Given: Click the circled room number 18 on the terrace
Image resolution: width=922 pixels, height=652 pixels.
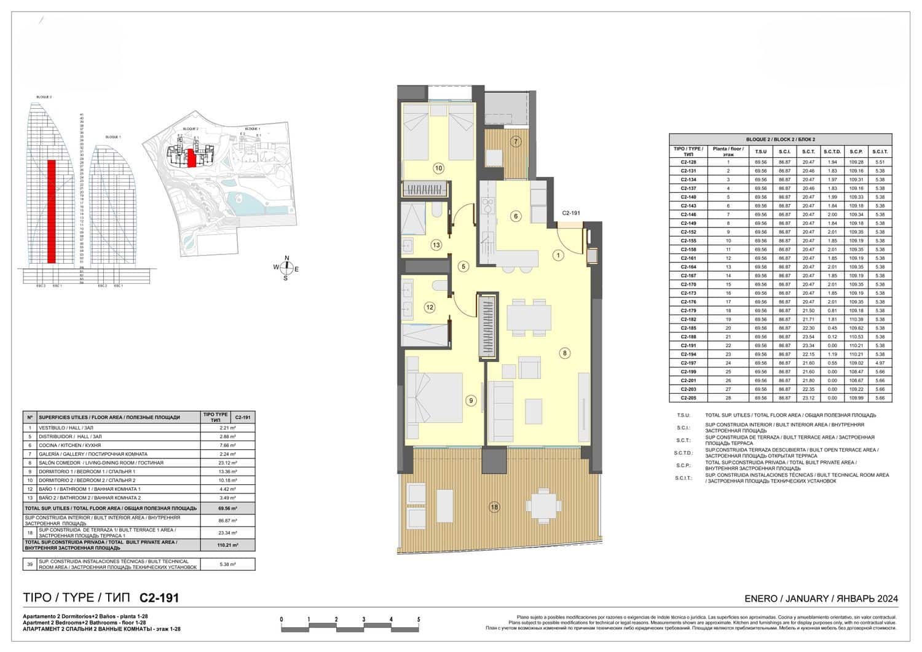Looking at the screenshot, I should coord(494,507).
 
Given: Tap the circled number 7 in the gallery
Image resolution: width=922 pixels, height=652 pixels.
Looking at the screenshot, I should coord(516,142).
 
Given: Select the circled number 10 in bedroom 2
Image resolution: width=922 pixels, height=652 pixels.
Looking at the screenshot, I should coord(438,168).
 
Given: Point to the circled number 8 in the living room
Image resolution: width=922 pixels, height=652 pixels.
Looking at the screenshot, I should coord(564,353).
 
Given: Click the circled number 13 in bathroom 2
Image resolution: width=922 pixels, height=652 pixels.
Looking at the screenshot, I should coord(436,245).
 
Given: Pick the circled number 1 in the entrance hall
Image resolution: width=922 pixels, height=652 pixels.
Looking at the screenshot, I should coord(558,255).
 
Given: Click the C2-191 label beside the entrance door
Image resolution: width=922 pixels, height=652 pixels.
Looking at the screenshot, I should coord(571,213).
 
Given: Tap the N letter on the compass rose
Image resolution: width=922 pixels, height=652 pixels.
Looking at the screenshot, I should coord(286,258).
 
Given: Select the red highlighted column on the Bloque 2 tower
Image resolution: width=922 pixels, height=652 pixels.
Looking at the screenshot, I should coord(52,211).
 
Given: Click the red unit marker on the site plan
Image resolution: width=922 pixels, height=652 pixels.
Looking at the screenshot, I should coord(191,158).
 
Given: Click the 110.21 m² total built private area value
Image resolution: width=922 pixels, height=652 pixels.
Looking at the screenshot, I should coord(228,545).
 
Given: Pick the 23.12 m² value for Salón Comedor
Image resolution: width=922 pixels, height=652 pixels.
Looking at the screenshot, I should coord(228,463).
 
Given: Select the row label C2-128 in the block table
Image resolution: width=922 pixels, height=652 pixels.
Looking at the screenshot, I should coord(688,162).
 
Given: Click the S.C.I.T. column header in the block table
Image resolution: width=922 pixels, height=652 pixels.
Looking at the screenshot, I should coord(880,151).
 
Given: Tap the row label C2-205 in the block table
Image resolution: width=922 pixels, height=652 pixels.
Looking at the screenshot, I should coord(688,398).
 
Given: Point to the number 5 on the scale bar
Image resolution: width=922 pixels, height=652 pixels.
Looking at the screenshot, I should coord(419,619).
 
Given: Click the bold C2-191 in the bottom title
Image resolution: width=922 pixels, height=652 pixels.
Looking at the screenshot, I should coord(159,598).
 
